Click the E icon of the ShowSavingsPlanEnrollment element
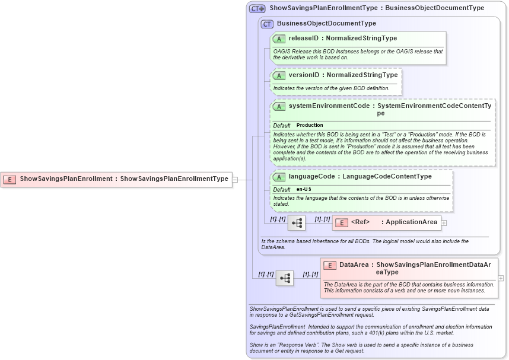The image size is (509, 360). click(x=9, y=179)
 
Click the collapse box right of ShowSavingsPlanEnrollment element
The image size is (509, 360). click(x=235, y=179)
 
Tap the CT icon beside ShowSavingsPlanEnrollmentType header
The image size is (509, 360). click(x=257, y=9)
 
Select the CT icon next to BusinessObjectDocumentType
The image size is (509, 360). click(x=268, y=24)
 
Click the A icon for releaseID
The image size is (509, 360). click(x=279, y=39)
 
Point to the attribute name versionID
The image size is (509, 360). click(x=304, y=75)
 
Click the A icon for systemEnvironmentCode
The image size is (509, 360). click(x=279, y=106)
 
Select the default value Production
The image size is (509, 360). click(x=310, y=126)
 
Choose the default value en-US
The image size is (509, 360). click(x=304, y=189)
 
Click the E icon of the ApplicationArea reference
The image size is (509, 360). click(x=341, y=222)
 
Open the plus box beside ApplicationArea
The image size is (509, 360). click(x=444, y=223)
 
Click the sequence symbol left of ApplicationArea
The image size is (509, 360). click(x=297, y=223)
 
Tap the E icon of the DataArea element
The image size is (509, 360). click(x=330, y=265)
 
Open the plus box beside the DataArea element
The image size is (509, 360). click(x=501, y=278)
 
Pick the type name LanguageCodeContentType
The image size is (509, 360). click(x=387, y=177)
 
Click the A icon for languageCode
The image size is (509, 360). click(x=279, y=177)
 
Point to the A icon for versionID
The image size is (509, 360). click(x=279, y=75)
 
